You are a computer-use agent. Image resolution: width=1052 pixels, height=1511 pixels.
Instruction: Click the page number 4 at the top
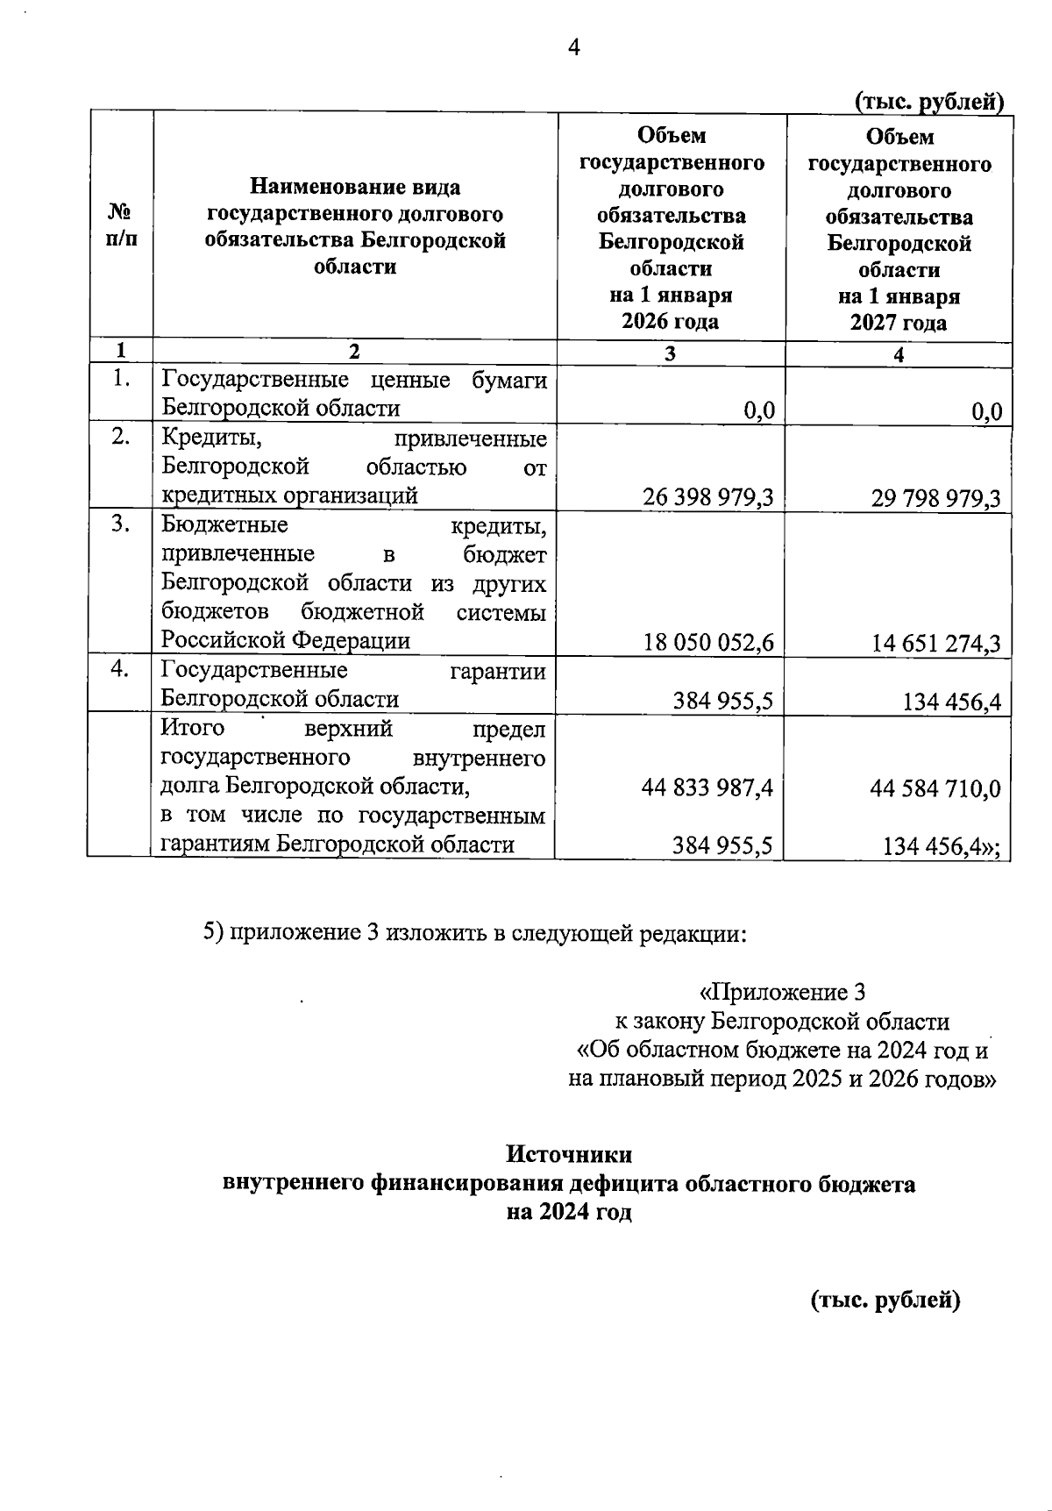(x=574, y=48)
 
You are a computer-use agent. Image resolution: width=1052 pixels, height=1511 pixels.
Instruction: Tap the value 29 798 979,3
(x=935, y=499)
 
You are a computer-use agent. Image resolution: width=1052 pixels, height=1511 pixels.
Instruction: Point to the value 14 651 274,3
(x=935, y=645)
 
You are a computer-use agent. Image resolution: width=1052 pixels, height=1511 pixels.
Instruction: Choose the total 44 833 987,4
(x=707, y=788)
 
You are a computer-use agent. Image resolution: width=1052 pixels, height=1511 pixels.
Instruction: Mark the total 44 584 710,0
(x=935, y=788)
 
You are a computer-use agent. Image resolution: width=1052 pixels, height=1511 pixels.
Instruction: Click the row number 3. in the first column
(x=121, y=524)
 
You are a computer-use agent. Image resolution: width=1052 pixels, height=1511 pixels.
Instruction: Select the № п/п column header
(x=121, y=225)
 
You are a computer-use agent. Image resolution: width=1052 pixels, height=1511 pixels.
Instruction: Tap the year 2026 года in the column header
(x=671, y=321)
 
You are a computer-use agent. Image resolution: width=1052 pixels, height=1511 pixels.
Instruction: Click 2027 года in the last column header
(x=899, y=323)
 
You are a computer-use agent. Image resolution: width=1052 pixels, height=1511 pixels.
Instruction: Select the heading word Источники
(x=569, y=1154)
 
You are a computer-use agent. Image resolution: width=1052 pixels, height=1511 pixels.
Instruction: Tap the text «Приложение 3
(x=782, y=993)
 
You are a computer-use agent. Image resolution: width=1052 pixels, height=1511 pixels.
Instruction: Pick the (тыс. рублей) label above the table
(x=928, y=103)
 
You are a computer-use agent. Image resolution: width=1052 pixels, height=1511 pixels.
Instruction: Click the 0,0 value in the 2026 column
(x=758, y=411)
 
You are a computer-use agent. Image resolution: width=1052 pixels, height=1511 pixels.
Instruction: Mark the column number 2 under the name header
(x=354, y=352)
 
